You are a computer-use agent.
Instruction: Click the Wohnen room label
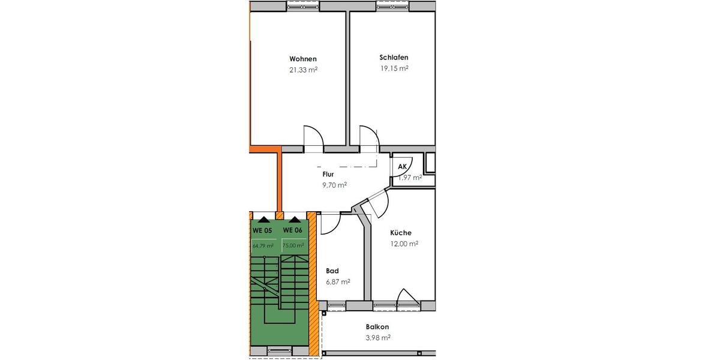point(303,59)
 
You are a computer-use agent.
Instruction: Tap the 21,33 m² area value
point(303,70)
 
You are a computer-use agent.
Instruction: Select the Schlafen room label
point(394,58)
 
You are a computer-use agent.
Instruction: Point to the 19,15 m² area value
point(394,68)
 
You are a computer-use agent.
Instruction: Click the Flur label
point(328,175)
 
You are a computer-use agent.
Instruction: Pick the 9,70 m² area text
point(334,185)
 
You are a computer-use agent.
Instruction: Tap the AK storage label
point(403,166)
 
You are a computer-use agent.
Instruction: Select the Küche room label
point(400,233)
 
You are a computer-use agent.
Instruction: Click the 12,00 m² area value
point(404,244)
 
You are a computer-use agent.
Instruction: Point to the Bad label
point(332,271)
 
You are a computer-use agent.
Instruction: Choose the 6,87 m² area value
point(338,281)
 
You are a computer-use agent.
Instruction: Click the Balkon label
point(377,327)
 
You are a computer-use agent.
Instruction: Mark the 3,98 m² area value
point(377,338)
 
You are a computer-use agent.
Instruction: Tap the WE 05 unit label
point(262,230)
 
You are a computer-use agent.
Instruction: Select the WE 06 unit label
point(292,230)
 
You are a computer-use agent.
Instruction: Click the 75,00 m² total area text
point(293,245)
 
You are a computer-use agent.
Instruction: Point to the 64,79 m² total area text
point(263,245)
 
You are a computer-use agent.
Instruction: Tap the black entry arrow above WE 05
point(264,220)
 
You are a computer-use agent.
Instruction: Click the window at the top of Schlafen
point(393,5)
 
